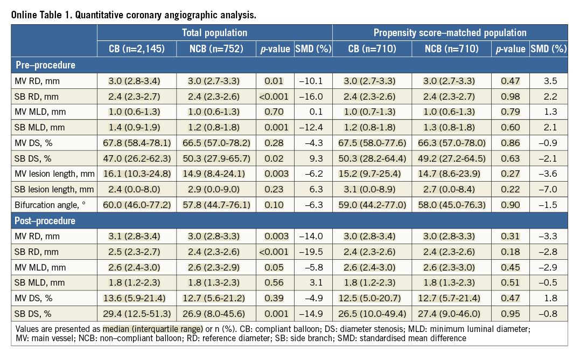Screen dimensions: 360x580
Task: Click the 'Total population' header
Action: (x=214, y=33)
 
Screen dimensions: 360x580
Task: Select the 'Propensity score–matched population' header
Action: (x=450, y=33)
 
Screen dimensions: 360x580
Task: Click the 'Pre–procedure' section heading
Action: (x=45, y=65)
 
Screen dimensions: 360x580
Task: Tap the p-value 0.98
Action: (x=511, y=96)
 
